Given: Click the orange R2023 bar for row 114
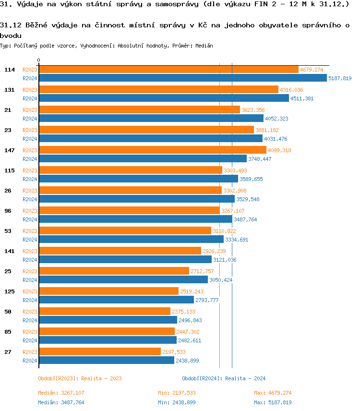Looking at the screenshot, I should point(168,70).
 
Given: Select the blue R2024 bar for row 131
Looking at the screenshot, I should point(164,98).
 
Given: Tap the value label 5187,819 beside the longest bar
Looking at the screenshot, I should point(340,78).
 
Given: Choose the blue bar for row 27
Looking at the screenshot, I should point(106,361).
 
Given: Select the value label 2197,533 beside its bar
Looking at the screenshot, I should point(173,352).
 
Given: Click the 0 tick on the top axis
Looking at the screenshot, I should point(39,60).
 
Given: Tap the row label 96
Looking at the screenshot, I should point(8,211).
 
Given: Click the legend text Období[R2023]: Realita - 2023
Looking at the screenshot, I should point(80,378).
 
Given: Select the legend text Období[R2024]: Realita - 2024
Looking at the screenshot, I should point(224,378).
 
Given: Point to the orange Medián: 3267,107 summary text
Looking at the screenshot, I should point(61,393).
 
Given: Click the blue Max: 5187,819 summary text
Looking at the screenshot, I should point(273,402).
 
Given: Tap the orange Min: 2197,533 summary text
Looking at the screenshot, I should point(177,393).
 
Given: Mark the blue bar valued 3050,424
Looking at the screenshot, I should point(123,280).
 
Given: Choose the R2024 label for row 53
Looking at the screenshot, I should point(30,240).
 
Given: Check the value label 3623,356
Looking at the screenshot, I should point(253,110).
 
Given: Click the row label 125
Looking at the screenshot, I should point(10,291).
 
